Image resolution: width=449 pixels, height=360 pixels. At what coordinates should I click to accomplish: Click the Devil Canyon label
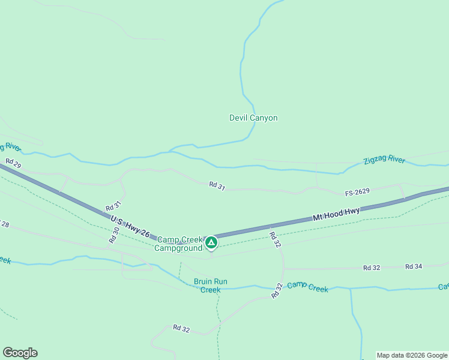click(253, 118)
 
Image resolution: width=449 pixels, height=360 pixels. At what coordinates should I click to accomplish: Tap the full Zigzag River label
click(384, 160)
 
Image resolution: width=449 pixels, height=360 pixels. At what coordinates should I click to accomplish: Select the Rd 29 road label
click(13, 163)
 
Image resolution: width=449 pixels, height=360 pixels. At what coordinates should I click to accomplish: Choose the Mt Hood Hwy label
click(336, 214)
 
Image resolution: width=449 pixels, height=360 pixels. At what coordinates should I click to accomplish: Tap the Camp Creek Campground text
click(179, 244)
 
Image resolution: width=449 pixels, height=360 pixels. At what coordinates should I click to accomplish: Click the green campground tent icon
click(211, 242)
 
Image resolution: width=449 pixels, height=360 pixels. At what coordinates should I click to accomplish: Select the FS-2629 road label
click(357, 192)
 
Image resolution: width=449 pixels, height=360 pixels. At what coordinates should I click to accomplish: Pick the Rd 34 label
click(414, 266)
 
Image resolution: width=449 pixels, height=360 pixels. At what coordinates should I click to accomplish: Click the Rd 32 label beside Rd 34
click(372, 268)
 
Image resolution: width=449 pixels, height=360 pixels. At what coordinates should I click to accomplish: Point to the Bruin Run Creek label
click(211, 286)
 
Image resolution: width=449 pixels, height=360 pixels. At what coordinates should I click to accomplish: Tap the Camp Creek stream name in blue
click(307, 288)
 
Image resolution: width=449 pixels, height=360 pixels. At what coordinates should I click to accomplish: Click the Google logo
click(20, 353)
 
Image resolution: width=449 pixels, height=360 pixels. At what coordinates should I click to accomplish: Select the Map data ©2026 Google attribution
click(412, 355)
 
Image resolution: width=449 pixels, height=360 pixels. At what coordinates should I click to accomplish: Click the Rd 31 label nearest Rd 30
click(116, 206)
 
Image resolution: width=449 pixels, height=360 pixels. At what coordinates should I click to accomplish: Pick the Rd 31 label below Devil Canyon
click(217, 187)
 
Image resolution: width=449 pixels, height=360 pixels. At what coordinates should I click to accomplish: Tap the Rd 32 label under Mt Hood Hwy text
click(275, 239)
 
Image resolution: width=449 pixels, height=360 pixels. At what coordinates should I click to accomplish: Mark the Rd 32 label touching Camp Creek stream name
click(277, 291)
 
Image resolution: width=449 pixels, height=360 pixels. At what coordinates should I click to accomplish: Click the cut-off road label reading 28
click(5, 224)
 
